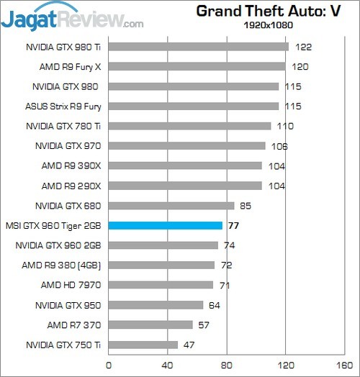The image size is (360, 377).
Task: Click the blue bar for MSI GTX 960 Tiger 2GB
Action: tap(165, 225)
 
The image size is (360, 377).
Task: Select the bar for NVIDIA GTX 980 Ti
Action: tap(198, 47)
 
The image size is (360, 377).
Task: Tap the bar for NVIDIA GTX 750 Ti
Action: tap(143, 345)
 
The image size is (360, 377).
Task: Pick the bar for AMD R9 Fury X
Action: tap(197, 67)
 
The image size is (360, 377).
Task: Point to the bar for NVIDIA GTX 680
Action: tap(171, 205)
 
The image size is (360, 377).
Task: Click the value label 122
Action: tap(303, 47)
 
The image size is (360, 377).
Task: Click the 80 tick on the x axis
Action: tap(227, 365)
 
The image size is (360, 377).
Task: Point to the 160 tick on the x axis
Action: tap(346, 365)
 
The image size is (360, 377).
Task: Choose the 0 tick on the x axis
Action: tap(109, 365)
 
